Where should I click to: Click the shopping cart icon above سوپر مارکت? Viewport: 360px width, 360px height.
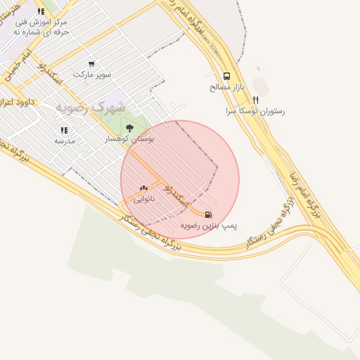[91, 64]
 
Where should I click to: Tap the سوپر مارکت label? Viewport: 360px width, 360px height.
[91, 74]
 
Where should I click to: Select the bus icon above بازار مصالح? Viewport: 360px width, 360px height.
[226, 76]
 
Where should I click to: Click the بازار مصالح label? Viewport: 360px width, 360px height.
[226, 87]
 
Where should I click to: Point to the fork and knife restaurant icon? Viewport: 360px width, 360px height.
[255, 100]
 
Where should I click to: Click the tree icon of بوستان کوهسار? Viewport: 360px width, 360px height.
[129, 128]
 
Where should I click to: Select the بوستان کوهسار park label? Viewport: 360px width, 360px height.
[127, 139]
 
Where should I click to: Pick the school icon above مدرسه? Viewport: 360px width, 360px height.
[64, 130]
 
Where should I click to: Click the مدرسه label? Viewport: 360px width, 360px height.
[64, 141]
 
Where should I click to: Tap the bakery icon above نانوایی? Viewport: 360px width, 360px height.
[143, 188]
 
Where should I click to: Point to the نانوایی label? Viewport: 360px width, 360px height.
[143, 199]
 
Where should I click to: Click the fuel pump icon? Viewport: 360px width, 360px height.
[207, 214]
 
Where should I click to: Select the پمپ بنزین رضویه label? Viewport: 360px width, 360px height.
[209, 226]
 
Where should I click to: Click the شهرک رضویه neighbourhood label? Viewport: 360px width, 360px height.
[91, 108]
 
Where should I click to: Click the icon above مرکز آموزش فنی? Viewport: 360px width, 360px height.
[41, 11]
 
